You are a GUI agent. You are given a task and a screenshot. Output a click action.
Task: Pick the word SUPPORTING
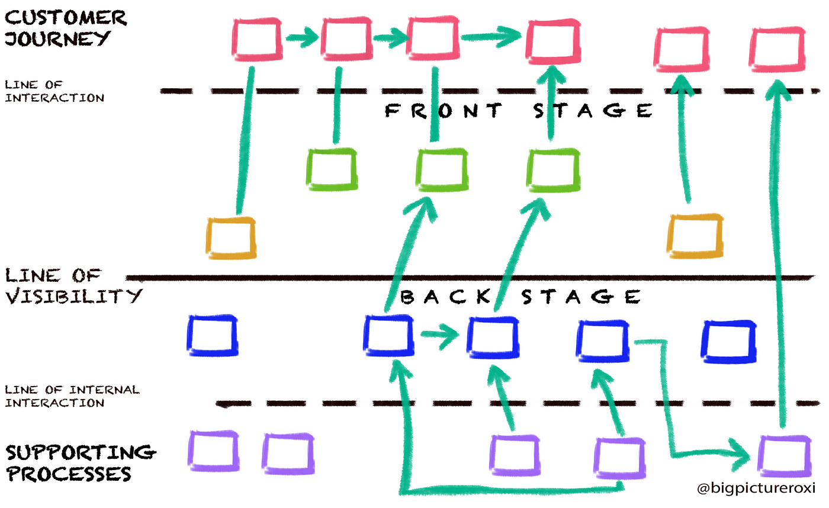click(81, 453)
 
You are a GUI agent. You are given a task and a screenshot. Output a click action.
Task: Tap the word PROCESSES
click(68, 474)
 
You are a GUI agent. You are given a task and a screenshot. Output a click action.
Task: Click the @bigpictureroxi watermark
click(757, 489)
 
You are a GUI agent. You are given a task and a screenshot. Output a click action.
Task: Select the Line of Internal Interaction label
click(71, 396)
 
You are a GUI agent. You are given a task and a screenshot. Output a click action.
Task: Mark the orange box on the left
click(231, 237)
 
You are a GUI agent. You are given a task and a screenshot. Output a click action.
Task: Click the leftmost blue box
click(213, 335)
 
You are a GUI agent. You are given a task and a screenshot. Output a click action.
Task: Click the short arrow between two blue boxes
click(439, 335)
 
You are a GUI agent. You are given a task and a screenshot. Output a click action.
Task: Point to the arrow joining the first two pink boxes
click(303, 40)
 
